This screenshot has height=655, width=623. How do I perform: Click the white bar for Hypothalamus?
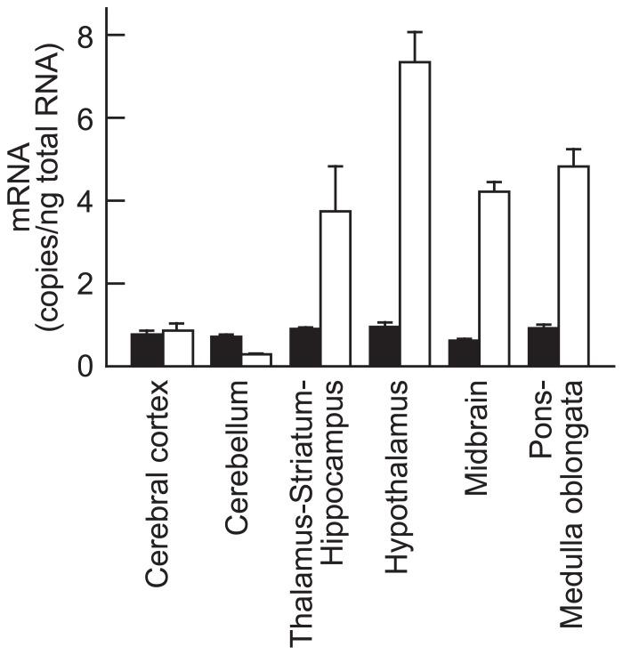point(414,214)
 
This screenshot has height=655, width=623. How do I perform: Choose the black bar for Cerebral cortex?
point(146,349)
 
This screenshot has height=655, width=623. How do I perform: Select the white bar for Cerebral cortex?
point(177,348)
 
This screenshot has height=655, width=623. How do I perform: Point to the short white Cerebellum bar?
point(256,360)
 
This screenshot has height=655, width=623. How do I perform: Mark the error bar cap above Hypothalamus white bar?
point(414,32)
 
